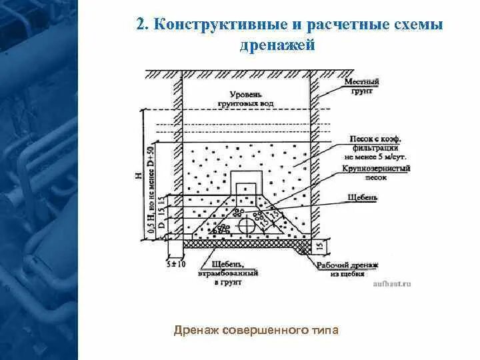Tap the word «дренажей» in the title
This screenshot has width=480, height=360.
(276, 46)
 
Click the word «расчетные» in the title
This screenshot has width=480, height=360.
(347, 25)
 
